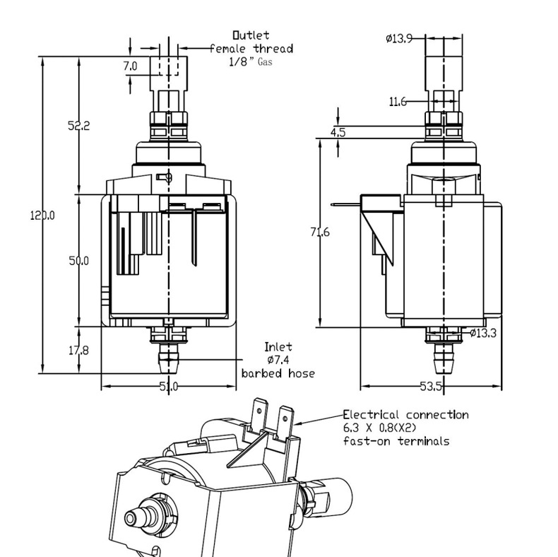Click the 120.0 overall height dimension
pos(42,216)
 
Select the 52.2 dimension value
pos(79,126)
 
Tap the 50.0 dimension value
pos(79,261)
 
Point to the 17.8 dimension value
pos(78,351)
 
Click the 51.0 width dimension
pos(169,386)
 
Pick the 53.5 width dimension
pos(431,386)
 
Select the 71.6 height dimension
pos(320,233)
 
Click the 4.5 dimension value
pos(338,132)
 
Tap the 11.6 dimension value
pos(398,102)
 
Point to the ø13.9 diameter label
pos(399,38)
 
